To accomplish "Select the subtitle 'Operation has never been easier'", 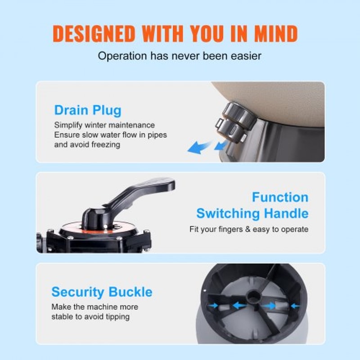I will click(x=180, y=56).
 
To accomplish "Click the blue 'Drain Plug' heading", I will click(x=88, y=110).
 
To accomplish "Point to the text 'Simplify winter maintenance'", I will click(x=104, y=125).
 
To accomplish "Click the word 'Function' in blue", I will click(x=280, y=197).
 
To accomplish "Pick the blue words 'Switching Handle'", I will click(x=252, y=213).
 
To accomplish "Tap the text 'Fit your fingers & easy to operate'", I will click(x=249, y=229).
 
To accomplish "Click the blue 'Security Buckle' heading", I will click(x=102, y=292).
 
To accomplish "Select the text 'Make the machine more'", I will click(x=94, y=307).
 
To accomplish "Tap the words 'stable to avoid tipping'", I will click(x=90, y=317).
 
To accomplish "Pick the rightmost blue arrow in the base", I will click(x=294, y=306).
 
